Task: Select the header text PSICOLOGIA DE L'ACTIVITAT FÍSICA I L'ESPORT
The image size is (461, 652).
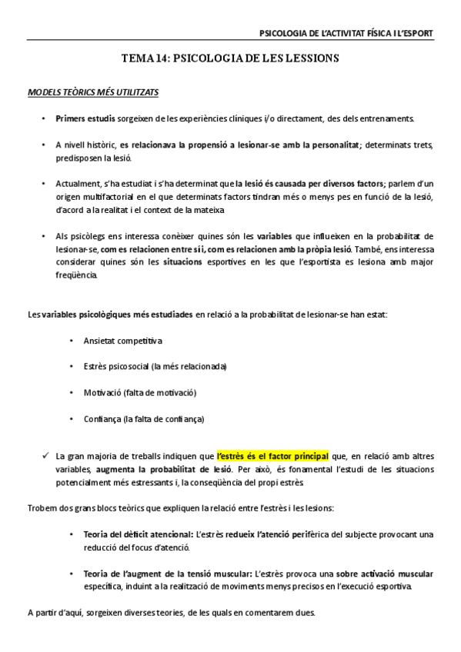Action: [346, 33]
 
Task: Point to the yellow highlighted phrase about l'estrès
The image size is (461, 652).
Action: [272, 454]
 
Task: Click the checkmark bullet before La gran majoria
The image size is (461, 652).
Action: [47, 454]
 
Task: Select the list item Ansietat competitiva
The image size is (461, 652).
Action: [122, 339]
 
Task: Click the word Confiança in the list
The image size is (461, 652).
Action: [103, 419]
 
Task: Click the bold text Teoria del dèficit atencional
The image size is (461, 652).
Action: [138, 534]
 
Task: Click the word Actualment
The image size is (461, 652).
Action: [77, 183]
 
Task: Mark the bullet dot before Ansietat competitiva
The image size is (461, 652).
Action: [71, 339]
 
